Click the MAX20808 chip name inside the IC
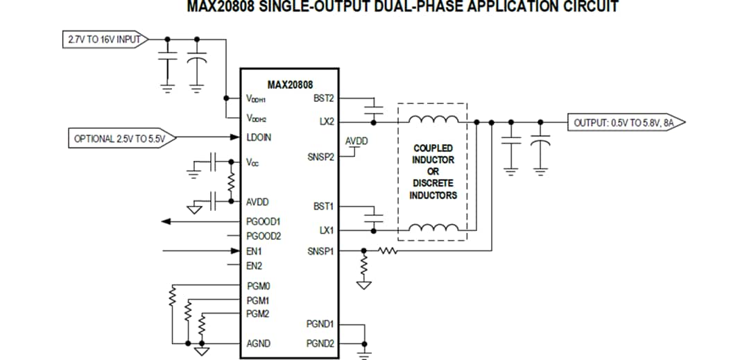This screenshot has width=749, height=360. coord(289,85)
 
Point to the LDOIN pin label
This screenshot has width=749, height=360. coord(259,138)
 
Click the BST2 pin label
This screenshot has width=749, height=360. coord(323,98)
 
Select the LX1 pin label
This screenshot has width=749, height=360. coord(327,230)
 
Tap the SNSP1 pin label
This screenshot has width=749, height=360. coord(320,251)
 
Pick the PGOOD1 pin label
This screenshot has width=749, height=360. coord(264,222)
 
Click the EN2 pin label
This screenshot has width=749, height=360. coord(254,266)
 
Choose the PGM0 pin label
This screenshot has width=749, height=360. coord(258,286)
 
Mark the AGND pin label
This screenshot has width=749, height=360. coord(258,343)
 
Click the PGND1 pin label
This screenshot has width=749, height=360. coord(320,324)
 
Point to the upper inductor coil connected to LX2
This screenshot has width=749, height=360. coord(433,120)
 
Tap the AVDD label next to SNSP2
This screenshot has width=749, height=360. coord(356,142)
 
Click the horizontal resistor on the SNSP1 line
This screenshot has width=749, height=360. coord(387,250)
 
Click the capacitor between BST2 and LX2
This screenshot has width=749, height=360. coord(374,108)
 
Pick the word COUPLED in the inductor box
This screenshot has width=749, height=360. coord(433,148)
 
